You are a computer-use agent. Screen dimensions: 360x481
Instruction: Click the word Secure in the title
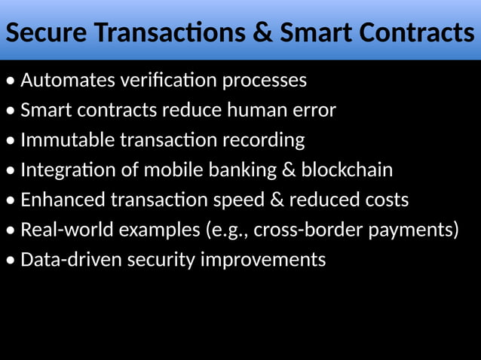(46, 33)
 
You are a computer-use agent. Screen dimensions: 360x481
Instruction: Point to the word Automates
(64, 80)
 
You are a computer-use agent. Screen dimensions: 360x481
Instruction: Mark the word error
(316, 111)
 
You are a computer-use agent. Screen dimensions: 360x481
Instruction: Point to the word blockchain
(347, 170)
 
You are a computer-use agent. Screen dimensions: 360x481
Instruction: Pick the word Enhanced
(63, 200)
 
